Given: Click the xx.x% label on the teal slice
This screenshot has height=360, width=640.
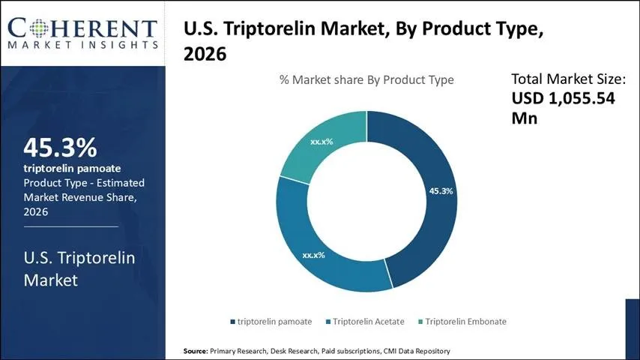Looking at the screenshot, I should pos(321,141).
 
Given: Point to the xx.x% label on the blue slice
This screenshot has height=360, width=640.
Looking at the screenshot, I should pos(313,255).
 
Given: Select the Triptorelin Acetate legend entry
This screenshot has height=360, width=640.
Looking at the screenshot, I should pos(364,322).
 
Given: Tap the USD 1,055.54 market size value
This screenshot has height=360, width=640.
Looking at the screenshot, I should pos(564,98).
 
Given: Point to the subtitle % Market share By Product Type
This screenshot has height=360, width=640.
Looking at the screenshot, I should pos(366,79).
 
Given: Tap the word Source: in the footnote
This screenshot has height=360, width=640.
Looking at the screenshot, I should pos(196,351).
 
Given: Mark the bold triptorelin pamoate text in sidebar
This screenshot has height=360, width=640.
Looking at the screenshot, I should pos(72,168).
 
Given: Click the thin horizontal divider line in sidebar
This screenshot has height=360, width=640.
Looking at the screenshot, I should pos(70,226).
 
